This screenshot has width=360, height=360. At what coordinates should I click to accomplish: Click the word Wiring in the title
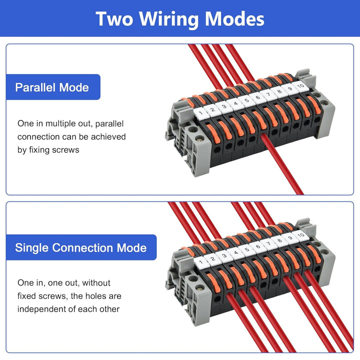coord(169,19)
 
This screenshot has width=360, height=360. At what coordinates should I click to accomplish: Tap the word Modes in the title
coord(234,19)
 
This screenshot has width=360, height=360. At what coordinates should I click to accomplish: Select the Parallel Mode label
coord(53,87)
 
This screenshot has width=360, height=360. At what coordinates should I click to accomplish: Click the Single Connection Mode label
coord(81,247)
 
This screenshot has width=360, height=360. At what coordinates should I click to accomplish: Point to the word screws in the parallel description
coord(65,150)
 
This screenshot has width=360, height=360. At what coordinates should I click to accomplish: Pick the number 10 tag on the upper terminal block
coord(300,86)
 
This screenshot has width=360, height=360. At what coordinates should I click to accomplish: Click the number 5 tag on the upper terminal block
coord(246,101)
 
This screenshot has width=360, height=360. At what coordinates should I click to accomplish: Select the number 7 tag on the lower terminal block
coord(268,243)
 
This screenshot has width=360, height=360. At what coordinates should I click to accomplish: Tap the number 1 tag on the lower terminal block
coord(200,261)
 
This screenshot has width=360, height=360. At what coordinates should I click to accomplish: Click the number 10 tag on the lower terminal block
coord(300,235)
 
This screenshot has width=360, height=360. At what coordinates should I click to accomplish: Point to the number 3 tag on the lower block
coord(224,255)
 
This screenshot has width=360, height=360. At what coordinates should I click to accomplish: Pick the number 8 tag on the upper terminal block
coord(279,92)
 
